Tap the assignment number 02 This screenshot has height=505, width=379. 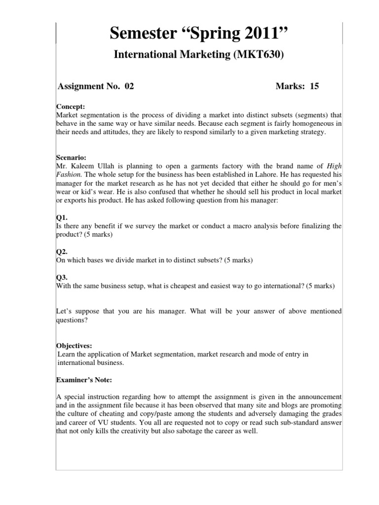click(x=129, y=86)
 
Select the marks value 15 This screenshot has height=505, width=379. click(x=314, y=86)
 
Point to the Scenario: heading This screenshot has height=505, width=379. click(x=73, y=157)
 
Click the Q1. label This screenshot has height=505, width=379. click(x=61, y=217)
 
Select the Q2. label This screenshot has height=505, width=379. click(x=61, y=251)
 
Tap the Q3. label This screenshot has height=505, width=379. click(x=61, y=277)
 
